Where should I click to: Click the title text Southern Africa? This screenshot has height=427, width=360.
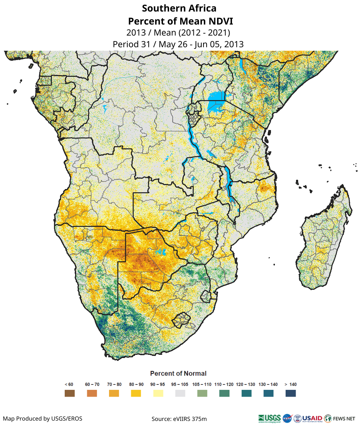[179, 8]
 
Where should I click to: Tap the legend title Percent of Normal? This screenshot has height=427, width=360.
[178, 373]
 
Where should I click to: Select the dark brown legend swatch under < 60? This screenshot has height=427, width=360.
[69, 393]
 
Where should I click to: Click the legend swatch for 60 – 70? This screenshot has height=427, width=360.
[92, 393]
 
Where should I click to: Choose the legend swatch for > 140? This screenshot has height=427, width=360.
[291, 393]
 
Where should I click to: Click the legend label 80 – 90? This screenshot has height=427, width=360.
[136, 384]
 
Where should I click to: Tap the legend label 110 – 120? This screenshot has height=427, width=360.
[224, 384]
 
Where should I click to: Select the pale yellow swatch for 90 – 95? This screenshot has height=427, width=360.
[158, 393]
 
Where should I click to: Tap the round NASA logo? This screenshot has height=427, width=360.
[287, 418]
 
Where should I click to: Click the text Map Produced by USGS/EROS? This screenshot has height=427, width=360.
[43, 418]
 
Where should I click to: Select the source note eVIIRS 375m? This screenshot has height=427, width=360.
[179, 419]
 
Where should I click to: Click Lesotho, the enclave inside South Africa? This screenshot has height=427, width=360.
[181, 319]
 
